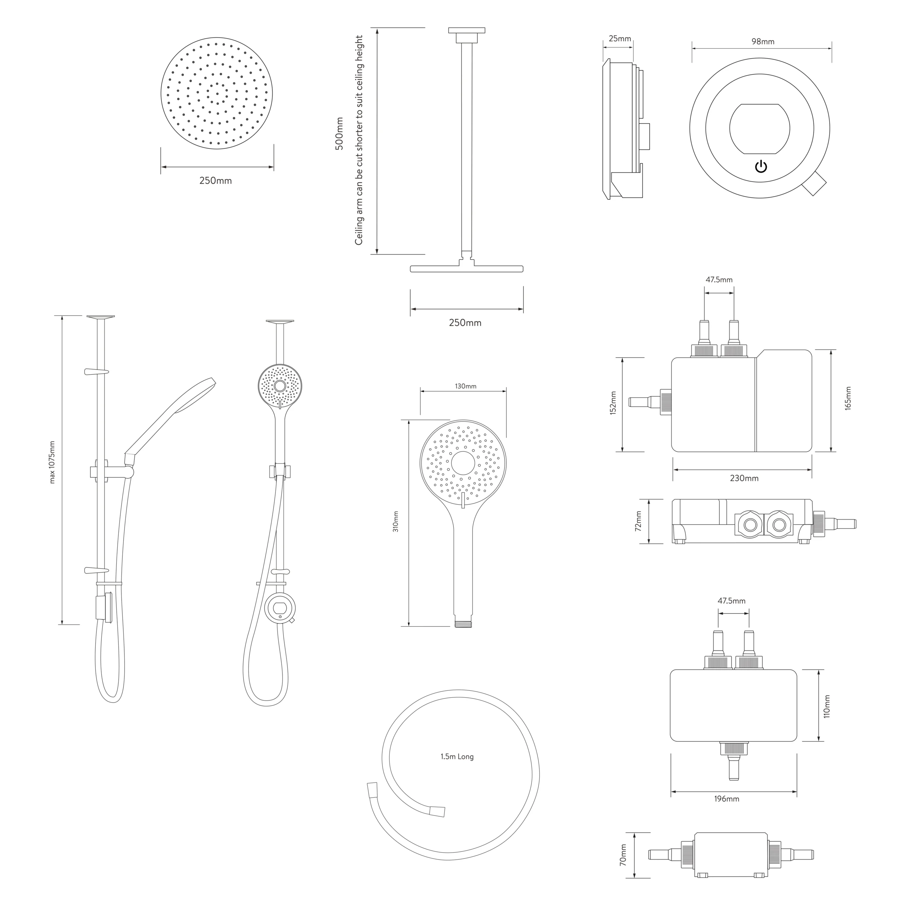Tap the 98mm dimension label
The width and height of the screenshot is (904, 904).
click(x=763, y=42)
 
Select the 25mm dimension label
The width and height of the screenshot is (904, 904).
click(x=619, y=39)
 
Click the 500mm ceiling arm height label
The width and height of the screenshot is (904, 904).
click(x=339, y=133)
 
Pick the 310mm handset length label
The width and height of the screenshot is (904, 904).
click(x=396, y=521)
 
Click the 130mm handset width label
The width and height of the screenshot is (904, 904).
click(x=465, y=386)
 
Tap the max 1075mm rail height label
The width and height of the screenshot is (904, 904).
click(x=52, y=462)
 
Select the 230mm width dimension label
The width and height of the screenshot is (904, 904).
click(x=744, y=478)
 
